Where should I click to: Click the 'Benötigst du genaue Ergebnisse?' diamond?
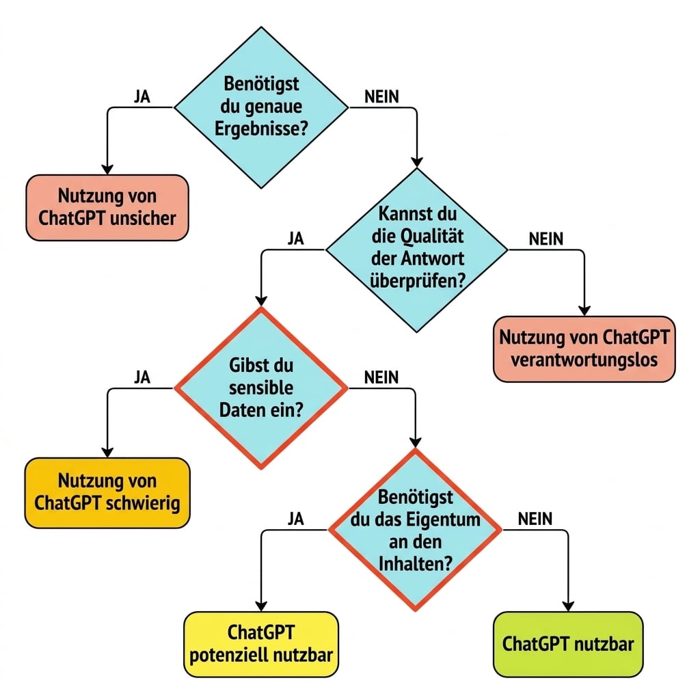pyautogui.click(x=261, y=107)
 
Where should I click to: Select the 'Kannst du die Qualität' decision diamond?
pyautogui.click(x=417, y=250)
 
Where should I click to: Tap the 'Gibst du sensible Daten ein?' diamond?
pyautogui.click(x=261, y=388)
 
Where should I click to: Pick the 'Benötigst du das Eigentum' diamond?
pyautogui.click(x=415, y=530)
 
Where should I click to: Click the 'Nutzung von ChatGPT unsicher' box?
pyautogui.click(x=107, y=208)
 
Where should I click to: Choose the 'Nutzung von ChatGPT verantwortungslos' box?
pyautogui.click(x=584, y=349)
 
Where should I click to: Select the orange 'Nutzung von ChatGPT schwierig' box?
pyautogui.click(x=107, y=493)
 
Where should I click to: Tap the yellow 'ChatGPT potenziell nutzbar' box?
pyautogui.click(x=261, y=644)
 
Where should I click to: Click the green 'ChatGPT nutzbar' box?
pyautogui.click(x=568, y=644)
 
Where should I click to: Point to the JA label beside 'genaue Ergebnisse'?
pyautogui.click(x=142, y=96)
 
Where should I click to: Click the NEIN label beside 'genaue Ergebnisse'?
pyautogui.click(x=381, y=96)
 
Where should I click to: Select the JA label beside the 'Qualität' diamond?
pyautogui.click(x=295, y=239)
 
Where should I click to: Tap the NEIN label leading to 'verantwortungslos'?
pyautogui.click(x=546, y=239)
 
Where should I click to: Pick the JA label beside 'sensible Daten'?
pyautogui.click(x=142, y=377)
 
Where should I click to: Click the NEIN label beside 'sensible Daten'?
pyautogui.click(x=381, y=377)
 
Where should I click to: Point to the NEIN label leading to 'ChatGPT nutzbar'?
pyautogui.click(x=535, y=519)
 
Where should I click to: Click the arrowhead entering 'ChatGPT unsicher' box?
pyautogui.click(x=107, y=170)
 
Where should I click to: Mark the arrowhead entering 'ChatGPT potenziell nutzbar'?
pyautogui.click(x=261, y=606)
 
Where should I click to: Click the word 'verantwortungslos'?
pyautogui.click(x=584, y=360)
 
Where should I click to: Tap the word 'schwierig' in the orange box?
pyautogui.click(x=143, y=504)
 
